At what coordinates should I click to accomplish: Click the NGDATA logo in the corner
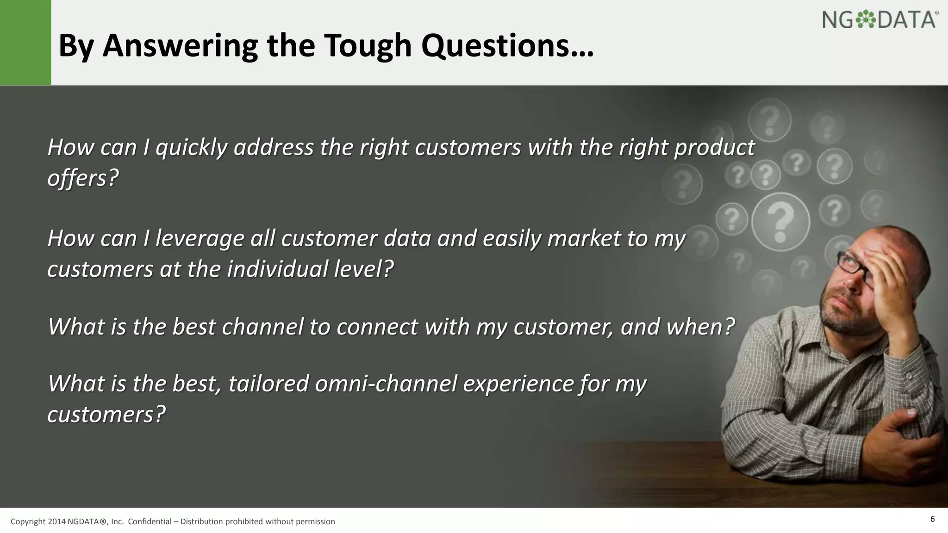(879, 20)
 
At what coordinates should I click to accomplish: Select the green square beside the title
(25, 43)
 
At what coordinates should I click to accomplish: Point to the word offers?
(83, 178)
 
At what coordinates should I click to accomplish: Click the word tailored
(268, 384)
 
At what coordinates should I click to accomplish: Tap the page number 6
(932, 519)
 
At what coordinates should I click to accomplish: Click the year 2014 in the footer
(57, 522)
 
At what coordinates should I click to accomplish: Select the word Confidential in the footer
(150, 522)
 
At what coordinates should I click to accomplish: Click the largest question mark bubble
(780, 222)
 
